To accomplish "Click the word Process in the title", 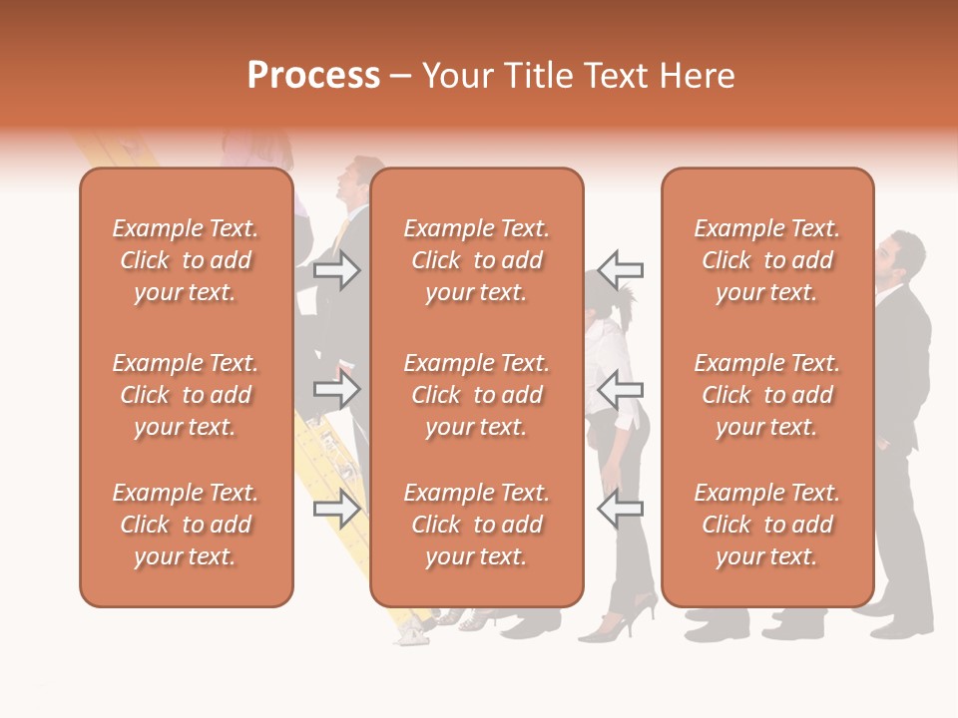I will coord(313,76).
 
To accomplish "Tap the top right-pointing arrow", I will coord(337,269).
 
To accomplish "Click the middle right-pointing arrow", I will coord(337,390).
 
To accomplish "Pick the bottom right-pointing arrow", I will coord(337,509).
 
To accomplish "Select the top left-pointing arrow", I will coord(621,269).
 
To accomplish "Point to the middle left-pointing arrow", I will coord(621,390).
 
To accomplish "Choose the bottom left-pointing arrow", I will coord(621,509).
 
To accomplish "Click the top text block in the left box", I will coord(186,260).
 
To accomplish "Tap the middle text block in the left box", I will coord(186,395).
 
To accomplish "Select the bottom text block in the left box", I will coord(186,525).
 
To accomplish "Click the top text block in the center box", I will coord(476,260).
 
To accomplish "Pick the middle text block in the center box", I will coord(476,395).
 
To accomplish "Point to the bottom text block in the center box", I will coord(476,525).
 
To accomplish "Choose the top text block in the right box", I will coord(766,260).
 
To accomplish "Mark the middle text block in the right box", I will coord(766,395).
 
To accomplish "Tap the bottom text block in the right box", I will coord(766,525).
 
